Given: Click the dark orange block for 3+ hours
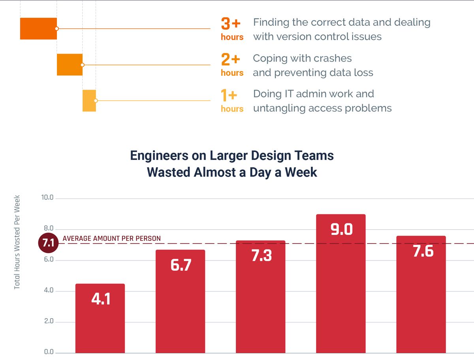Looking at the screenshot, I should pos(38,28).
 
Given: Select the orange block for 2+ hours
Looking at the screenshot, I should pos(70,64).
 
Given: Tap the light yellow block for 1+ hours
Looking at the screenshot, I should pos(89,101).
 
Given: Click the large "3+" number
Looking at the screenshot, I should pos(231,24).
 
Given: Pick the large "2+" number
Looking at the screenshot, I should pos(231,60).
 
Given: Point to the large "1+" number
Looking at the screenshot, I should pos(229,96).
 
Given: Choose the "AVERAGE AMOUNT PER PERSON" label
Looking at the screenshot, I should pos(112,238).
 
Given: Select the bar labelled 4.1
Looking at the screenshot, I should pos(100,318).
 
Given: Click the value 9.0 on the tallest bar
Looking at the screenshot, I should pos(341,229).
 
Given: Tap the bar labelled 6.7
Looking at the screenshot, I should pos(181,301).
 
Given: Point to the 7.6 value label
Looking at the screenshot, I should pos(423,251).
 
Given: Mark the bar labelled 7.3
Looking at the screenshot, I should pos(261,296).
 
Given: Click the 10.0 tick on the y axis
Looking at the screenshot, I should pos(47,198).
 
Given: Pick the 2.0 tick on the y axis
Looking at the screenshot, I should pos(48,322).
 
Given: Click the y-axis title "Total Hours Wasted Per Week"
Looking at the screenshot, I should pos(17,242).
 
